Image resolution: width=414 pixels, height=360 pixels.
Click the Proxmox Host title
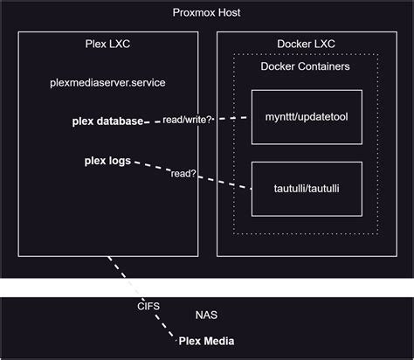point(207,12)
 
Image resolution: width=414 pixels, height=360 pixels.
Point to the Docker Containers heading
point(305,67)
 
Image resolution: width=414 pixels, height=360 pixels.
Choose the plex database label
point(107,121)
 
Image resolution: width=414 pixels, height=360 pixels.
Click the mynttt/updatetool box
point(306,116)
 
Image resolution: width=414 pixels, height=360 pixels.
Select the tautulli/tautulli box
point(306,188)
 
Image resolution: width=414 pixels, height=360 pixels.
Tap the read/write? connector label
point(189,119)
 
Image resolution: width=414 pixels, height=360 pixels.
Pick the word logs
point(118,162)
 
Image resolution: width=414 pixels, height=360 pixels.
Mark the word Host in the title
point(226,12)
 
